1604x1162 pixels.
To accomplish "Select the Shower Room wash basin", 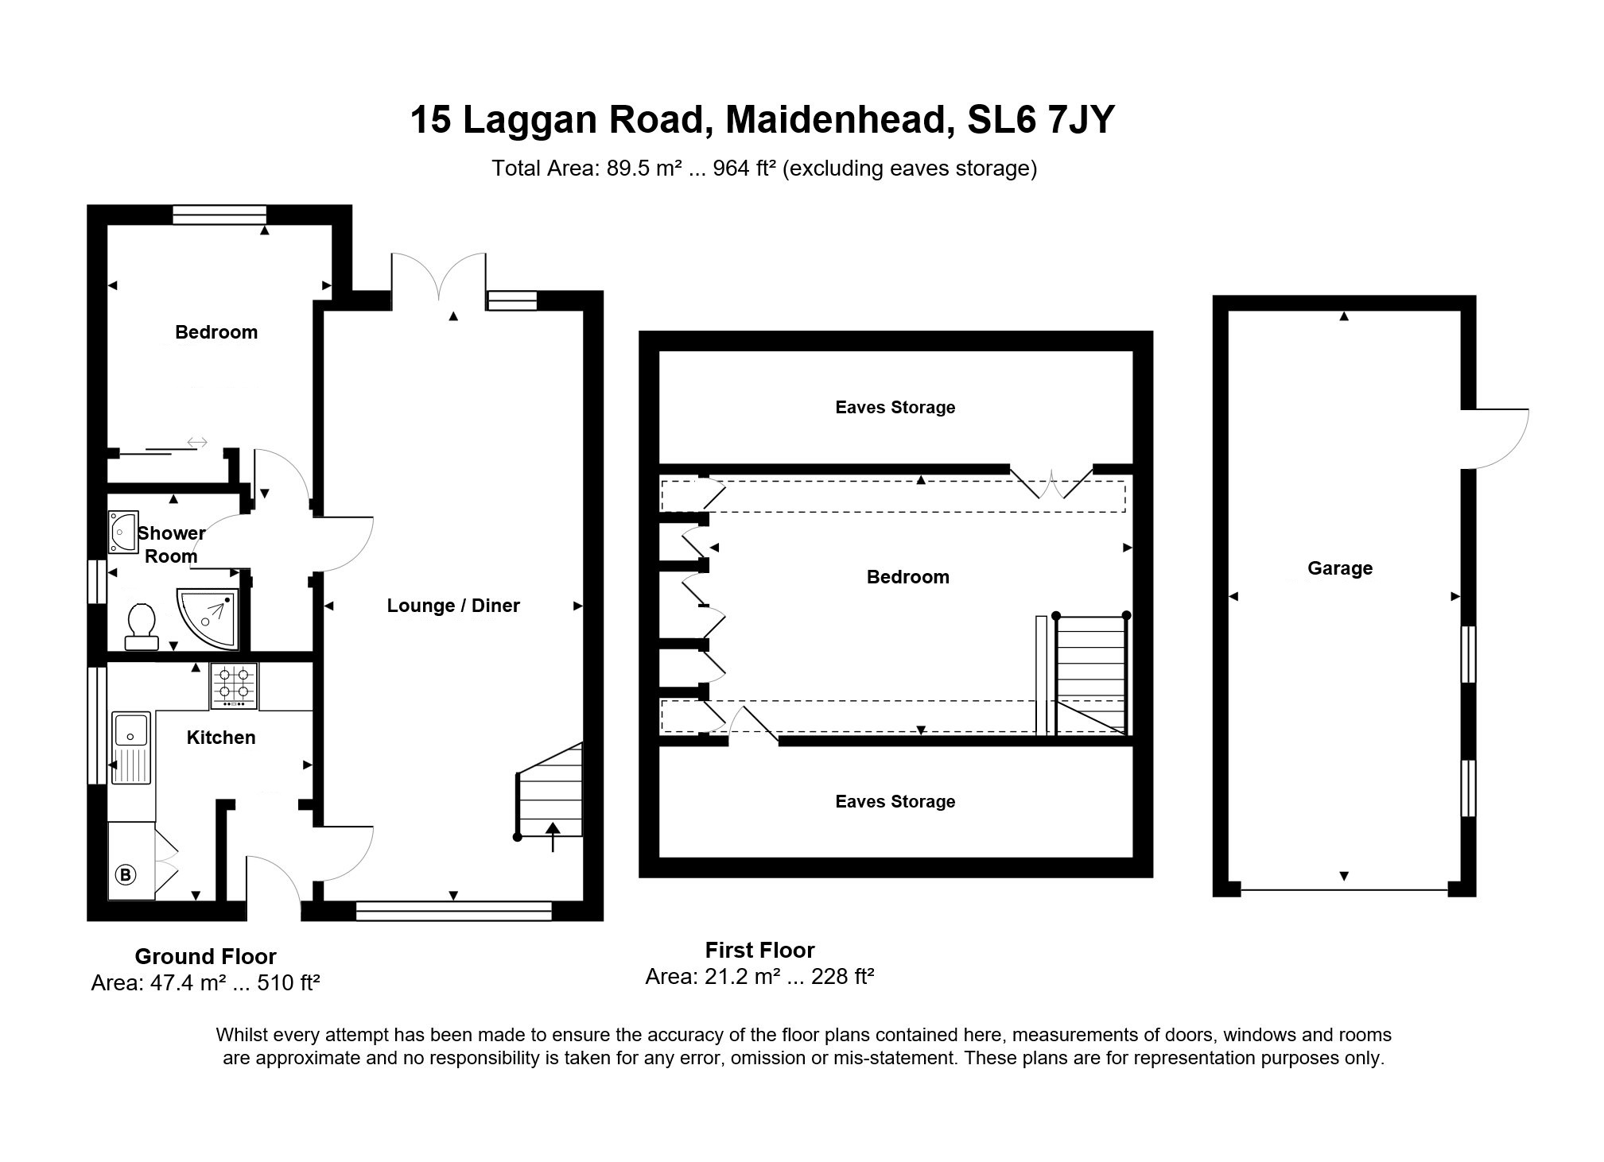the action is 123,531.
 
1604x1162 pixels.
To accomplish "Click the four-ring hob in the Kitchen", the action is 234,686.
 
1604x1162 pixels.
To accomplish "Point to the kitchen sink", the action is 131,748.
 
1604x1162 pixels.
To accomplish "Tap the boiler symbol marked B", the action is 126,875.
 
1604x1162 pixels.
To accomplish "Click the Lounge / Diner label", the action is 453,606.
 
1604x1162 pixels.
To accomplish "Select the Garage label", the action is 1340,568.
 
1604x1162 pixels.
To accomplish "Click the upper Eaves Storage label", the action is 895,408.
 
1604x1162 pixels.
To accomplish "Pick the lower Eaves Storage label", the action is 895,802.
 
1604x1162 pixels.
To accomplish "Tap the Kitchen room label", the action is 221,738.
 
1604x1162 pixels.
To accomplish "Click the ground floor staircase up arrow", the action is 553,837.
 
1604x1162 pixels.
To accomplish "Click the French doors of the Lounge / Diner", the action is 438,278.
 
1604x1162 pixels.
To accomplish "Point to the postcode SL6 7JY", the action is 1041,120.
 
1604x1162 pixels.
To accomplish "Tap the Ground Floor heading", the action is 205,956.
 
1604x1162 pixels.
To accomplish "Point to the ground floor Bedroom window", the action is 219,215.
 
